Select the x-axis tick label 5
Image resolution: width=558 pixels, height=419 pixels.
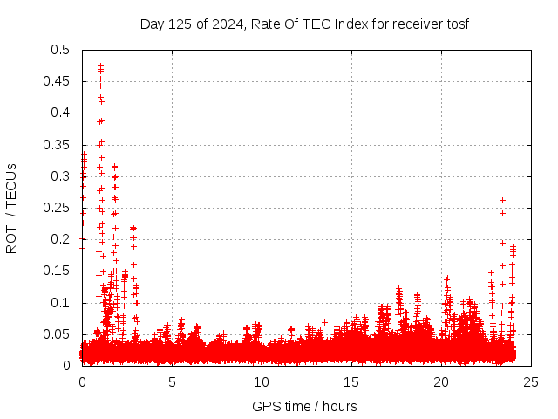(x=172, y=381)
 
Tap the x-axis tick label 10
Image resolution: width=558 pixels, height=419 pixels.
(x=262, y=381)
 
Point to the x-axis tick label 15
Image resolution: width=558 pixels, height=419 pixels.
(x=351, y=381)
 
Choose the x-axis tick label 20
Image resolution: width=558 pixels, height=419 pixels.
(x=441, y=381)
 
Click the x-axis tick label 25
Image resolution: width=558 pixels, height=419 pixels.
(x=530, y=381)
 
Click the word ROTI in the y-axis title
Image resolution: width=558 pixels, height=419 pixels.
(x=11, y=236)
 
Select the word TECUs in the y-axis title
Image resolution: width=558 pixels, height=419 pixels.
(x=11, y=185)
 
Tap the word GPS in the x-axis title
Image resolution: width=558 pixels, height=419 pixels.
(x=265, y=406)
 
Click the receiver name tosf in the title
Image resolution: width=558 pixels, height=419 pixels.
(x=456, y=24)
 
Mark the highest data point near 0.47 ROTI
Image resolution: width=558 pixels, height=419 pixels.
(x=100, y=65)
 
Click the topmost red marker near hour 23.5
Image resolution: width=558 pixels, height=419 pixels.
(x=502, y=200)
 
